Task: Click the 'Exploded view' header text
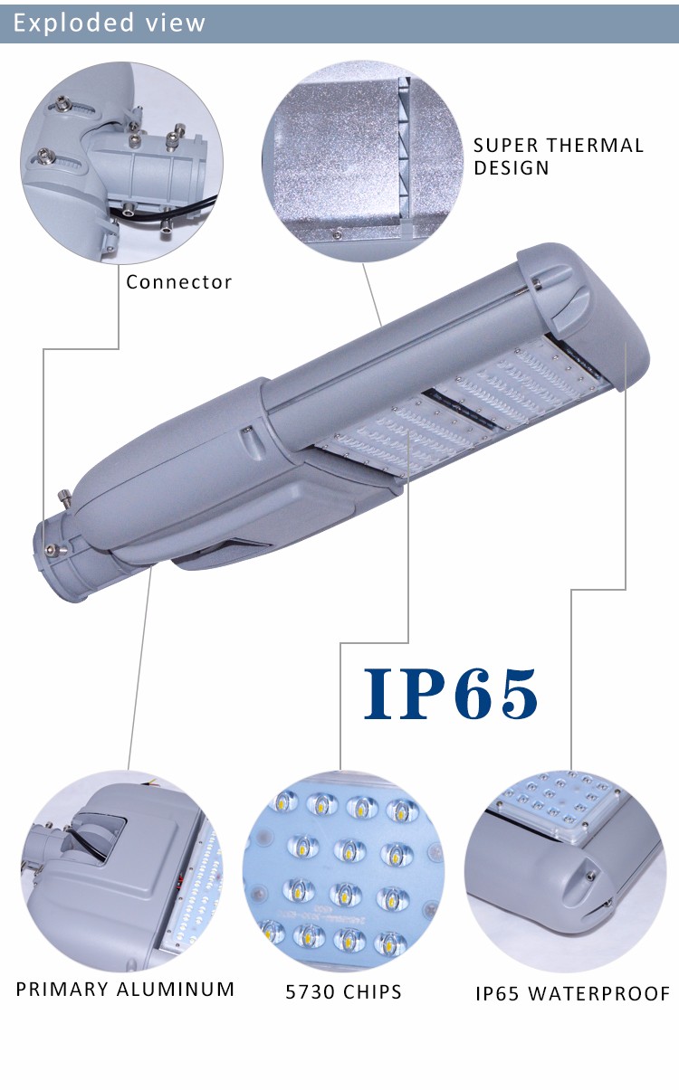point(110,23)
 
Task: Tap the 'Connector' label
point(178,282)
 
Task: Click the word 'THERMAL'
point(595,146)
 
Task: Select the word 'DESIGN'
point(512,168)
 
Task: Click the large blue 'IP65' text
point(451,694)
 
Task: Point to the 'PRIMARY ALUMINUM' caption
point(125,990)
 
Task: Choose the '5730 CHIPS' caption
point(343,991)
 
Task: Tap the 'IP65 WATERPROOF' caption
point(573,993)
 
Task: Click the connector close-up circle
point(121,163)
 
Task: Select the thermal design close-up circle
point(363,162)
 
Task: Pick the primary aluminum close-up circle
point(122,871)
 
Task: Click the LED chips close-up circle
point(343,871)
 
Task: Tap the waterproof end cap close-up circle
point(565,871)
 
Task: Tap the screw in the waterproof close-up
point(590,876)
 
